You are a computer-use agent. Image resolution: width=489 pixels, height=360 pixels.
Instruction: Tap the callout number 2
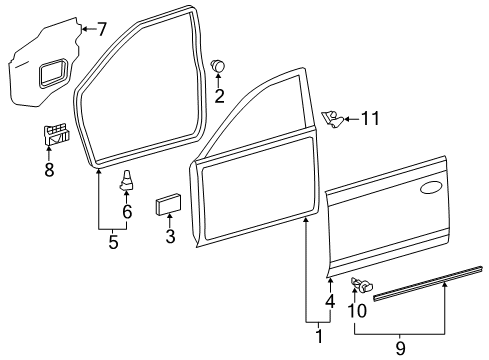(219, 97)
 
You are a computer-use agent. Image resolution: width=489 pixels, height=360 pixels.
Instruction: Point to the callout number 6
(128, 211)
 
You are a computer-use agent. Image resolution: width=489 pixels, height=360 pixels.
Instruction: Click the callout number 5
(113, 242)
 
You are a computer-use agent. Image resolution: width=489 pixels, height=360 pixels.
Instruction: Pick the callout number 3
(170, 237)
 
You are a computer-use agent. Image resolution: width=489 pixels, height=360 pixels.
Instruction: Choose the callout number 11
(371, 119)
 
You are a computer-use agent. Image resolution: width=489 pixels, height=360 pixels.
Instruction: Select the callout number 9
(400, 348)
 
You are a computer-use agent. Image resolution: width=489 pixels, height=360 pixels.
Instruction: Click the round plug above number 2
(219, 65)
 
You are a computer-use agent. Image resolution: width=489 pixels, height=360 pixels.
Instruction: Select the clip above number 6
(128, 182)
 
